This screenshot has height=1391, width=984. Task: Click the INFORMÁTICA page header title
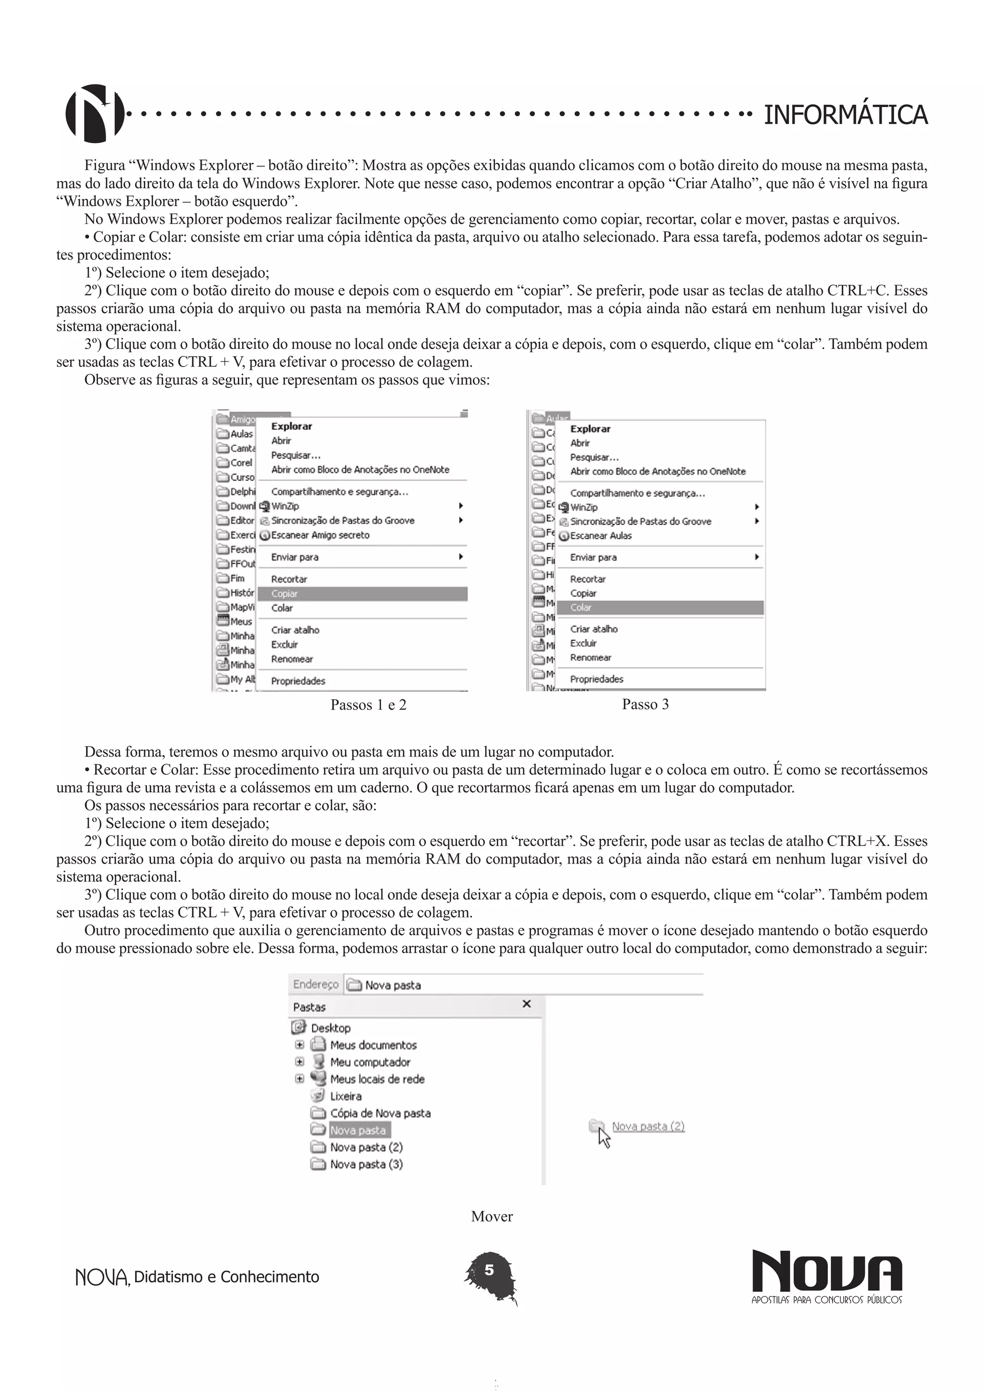[845, 114]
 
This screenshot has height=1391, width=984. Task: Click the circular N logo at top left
[95, 113]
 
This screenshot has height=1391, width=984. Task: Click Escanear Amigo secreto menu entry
[320, 535]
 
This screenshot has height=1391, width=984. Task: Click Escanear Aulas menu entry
[601, 536]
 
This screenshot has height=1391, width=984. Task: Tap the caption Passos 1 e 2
[369, 705]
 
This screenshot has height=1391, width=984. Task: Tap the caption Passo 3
[645, 704]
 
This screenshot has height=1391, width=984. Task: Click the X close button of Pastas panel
[527, 1004]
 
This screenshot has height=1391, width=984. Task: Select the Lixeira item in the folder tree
[345, 1096]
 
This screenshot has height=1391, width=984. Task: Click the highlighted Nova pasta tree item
[357, 1130]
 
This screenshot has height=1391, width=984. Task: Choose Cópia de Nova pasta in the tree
[380, 1113]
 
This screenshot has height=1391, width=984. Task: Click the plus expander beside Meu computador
[299, 1062]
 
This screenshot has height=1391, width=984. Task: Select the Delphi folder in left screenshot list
[242, 491]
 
